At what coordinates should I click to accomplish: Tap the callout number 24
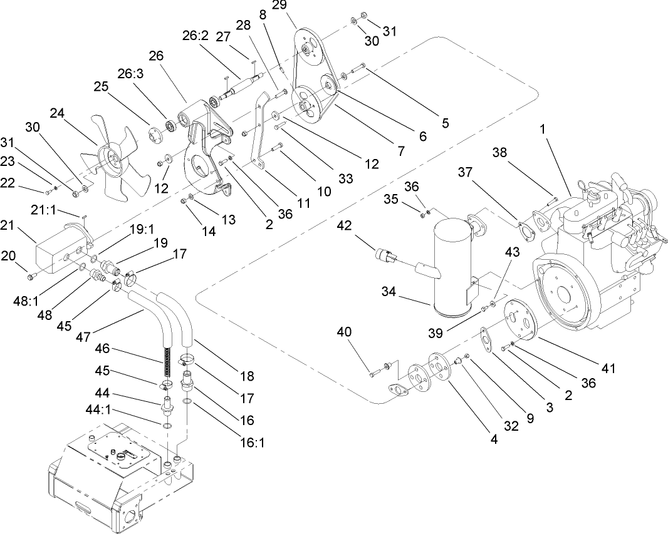click(58, 113)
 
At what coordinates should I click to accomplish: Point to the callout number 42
click(345, 226)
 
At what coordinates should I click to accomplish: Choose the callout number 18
click(247, 376)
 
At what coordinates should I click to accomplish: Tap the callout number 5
click(445, 124)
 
